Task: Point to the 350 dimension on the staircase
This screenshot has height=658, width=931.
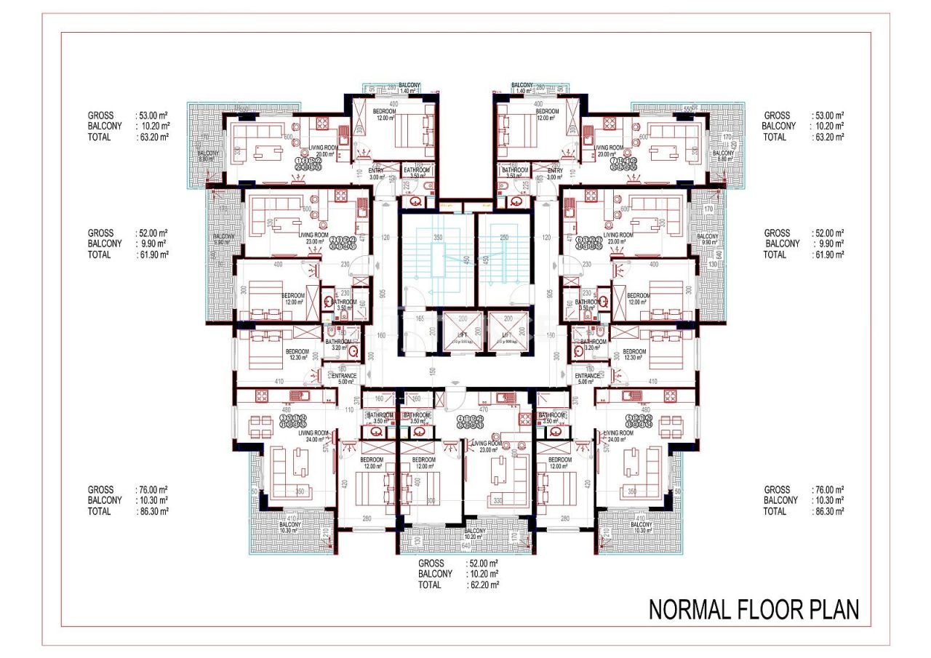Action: coord(438,238)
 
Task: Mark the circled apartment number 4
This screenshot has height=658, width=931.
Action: coord(460,420)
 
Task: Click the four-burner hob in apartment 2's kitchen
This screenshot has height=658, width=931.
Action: coord(340,196)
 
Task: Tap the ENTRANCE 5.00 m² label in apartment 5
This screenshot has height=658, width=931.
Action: coord(587,379)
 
